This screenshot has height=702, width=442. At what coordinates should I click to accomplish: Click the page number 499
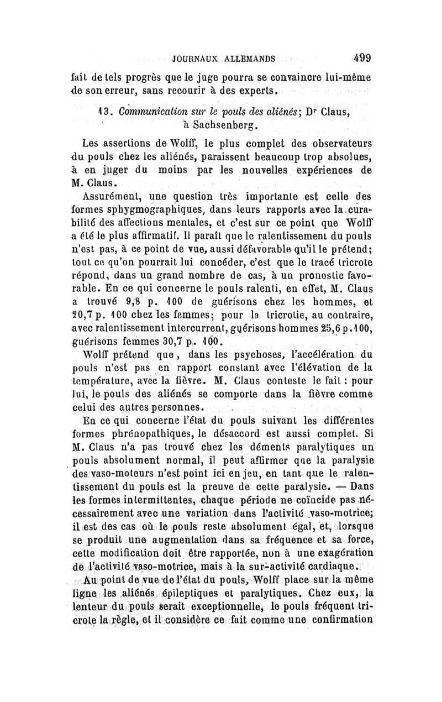(359, 56)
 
